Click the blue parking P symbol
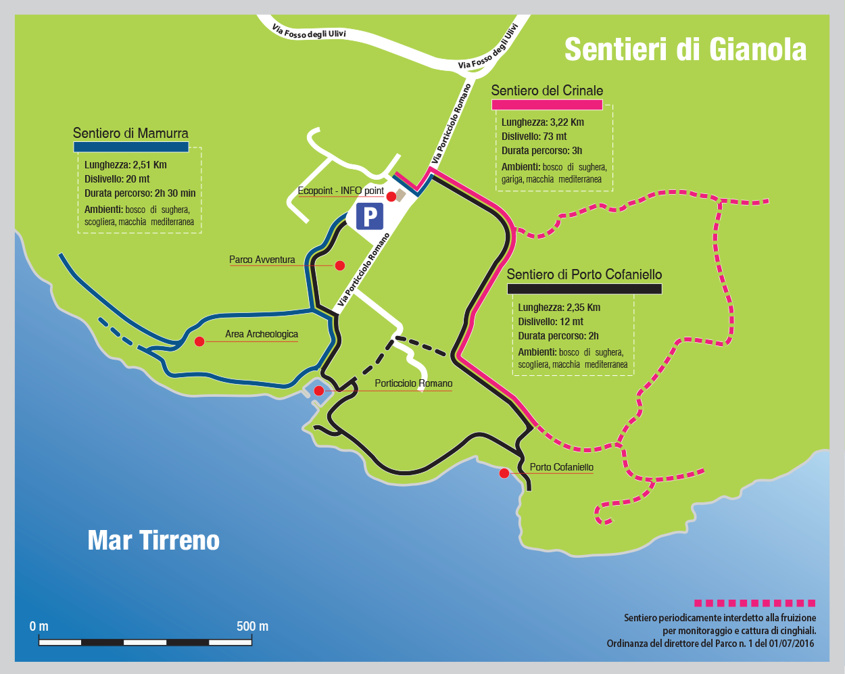[x=370, y=217]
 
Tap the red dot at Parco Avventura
[x=340, y=266]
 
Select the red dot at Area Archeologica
[x=199, y=341]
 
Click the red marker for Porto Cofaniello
[x=504, y=473]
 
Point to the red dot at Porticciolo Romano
[x=318, y=391]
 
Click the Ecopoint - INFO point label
[x=341, y=191]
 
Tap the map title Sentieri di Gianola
[x=685, y=49]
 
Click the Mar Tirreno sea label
[x=153, y=540]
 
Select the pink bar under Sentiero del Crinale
[x=546, y=105]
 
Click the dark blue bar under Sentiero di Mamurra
[x=130, y=147]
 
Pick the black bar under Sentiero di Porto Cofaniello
[x=584, y=289]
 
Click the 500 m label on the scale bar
[x=252, y=626]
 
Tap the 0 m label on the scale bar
[x=39, y=626]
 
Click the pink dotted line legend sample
[x=754, y=603]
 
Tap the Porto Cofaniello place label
[x=561, y=467]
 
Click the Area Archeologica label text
[x=261, y=334]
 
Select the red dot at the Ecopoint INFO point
[x=391, y=196]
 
